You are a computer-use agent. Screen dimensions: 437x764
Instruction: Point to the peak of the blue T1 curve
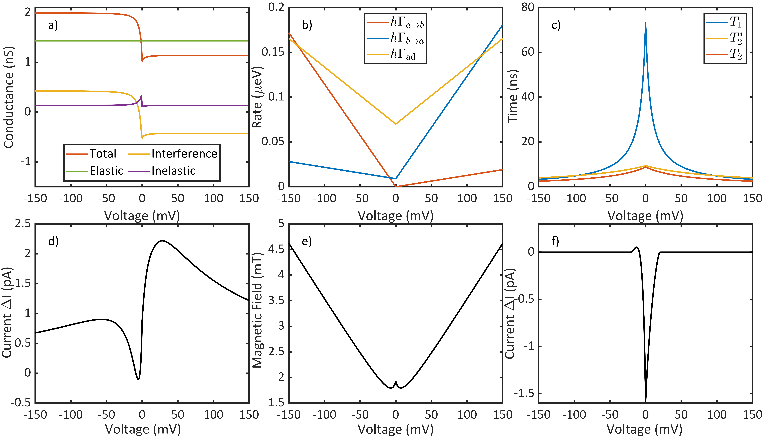click(646, 23)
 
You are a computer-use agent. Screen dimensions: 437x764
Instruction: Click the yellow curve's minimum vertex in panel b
click(396, 124)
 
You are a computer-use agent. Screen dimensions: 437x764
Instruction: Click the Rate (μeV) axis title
click(257, 97)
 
